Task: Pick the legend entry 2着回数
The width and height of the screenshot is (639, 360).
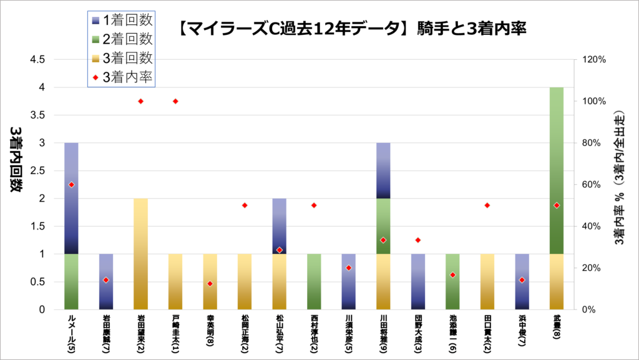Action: (x=122, y=38)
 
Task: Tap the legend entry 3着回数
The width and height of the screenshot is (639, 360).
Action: (x=122, y=58)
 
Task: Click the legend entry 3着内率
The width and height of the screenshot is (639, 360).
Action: (x=122, y=77)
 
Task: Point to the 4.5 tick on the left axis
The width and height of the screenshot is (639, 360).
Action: (x=37, y=60)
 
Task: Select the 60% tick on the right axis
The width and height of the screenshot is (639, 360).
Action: (x=591, y=185)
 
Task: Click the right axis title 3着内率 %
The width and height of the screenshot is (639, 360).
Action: (x=619, y=184)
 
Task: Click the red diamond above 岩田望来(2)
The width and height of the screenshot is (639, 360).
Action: (x=140, y=101)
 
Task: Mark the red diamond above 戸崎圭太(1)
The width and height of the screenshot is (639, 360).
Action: (x=175, y=101)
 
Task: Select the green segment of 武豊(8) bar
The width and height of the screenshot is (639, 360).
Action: (x=557, y=170)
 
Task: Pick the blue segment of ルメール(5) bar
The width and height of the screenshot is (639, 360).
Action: (x=71, y=198)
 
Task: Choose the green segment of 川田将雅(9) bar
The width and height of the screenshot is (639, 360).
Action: (x=383, y=226)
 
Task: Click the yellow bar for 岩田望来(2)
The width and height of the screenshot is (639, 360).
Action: (x=140, y=254)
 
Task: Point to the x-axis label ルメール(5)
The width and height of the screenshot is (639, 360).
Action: (x=71, y=333)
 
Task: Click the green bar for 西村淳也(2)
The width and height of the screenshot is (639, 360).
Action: (x=314, y=281)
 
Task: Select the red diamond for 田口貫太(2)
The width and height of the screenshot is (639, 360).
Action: (x=487, y=205)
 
